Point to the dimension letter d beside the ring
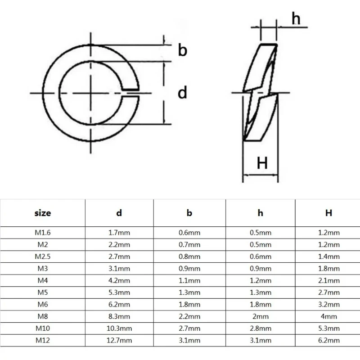tap(182, 93)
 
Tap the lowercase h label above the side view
tap(296, 18)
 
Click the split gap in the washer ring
tap(131, 93)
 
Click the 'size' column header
tap(43, 213)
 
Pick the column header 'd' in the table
tap(119, 213)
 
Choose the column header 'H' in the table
tap(329, 213)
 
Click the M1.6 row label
tap(43, 233)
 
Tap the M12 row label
tap(43, 340)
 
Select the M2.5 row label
tap(43, 257)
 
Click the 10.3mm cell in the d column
tap(119, 328)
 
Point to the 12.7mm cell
tap(119, 340)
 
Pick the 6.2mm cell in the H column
tap(329, 340)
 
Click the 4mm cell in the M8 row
tap(329, 316)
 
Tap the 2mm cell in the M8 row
tap(260, 316)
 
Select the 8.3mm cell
tap(119, 316)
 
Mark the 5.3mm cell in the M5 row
tap(119, 292)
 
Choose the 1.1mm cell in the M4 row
tap(189, 281)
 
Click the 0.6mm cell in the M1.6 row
tap(189, 233)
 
